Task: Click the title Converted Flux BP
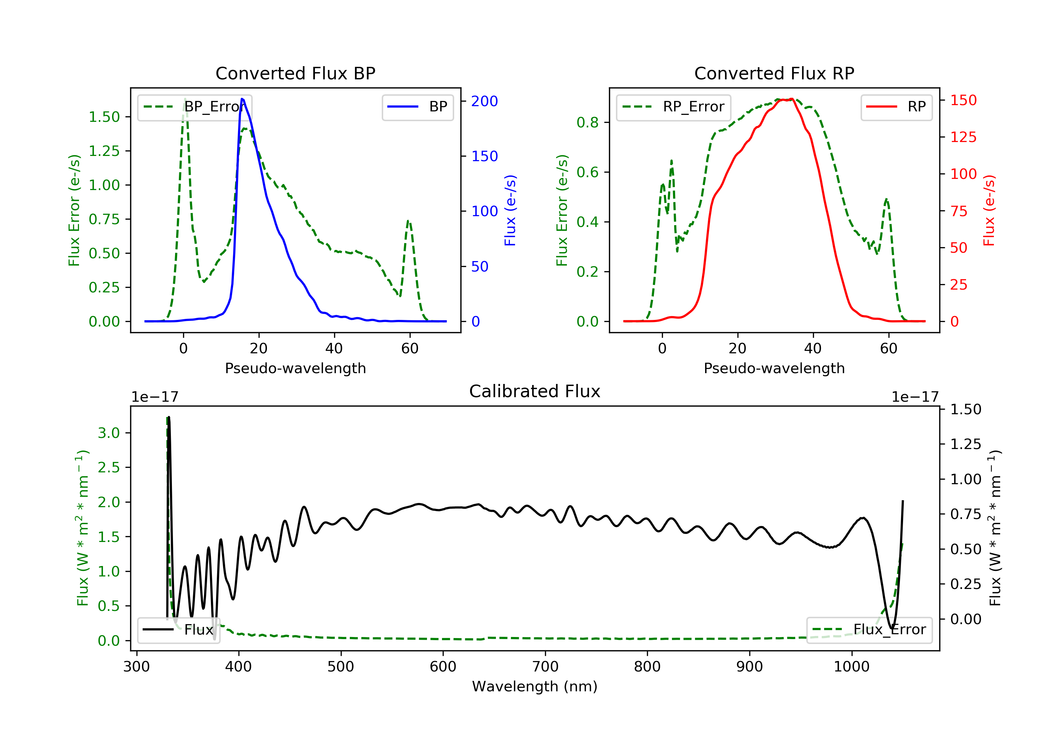pos(295,73)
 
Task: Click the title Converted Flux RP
pos(774,73)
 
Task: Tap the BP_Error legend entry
pos(194,107)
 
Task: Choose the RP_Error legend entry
pos(673,107)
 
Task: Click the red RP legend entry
pos(896,107)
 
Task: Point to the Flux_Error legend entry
pos(869,630)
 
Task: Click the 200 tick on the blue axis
pos(484,101)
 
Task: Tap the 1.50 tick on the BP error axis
pos(104,117)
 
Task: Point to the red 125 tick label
pos(963,137)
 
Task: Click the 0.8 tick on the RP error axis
pos(587,123)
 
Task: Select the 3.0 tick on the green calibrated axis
pos(109,433)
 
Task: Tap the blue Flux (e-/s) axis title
pos(510,210)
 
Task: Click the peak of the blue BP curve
pos(242,99)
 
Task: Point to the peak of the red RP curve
pos(792,99)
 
